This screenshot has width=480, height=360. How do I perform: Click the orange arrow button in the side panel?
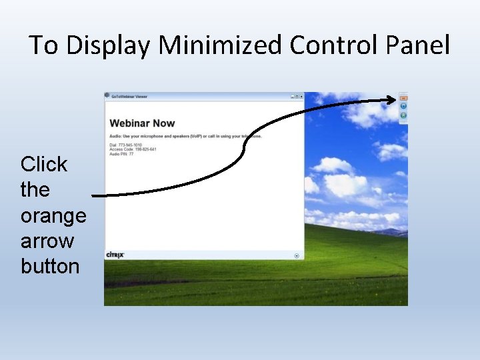point(403,98)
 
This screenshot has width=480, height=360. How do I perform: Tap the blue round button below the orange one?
point(403,106)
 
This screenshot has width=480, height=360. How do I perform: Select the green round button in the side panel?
point(403,115)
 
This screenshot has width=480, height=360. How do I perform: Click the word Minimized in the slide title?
point(221,45)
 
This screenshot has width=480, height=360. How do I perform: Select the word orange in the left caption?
point(53,215)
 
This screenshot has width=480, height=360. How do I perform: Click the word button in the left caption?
point(50,266)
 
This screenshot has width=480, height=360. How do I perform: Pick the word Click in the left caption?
point(44,164)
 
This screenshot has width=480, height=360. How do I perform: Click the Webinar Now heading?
point(142,123)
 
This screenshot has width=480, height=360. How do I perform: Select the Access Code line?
point(133,149)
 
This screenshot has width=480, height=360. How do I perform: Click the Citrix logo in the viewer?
point(115,255)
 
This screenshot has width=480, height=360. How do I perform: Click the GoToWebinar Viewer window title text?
point(129,97)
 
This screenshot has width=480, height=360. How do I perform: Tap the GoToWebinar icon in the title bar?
point(107,96)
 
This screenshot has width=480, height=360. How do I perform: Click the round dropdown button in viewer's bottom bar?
point(297,255)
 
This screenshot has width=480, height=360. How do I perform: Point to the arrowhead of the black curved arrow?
point(393,100)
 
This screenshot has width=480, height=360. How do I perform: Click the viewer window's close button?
point(301,97)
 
